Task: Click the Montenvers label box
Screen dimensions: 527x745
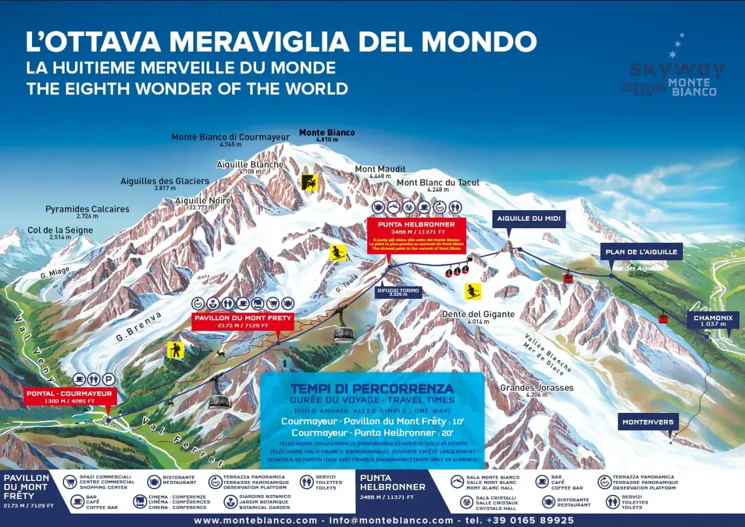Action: [648, 422]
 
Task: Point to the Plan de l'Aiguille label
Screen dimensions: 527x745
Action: [641, 252]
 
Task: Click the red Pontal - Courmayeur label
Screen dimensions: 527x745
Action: [69, 397]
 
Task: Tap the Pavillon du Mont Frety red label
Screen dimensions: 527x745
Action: [243, 321]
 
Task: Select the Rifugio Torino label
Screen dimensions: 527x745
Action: [398, 292]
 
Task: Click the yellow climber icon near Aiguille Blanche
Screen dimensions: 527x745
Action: [310, 182]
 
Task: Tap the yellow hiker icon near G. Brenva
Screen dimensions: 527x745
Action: [175, 349]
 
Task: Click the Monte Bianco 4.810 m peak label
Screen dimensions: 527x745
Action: [327, 136]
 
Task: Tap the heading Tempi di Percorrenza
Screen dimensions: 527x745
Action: [372, 388]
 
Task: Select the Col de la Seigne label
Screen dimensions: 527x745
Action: [60, 233]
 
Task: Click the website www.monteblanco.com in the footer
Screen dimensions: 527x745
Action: [255, 520]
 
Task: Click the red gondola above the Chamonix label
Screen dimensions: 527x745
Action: [663, 317]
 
